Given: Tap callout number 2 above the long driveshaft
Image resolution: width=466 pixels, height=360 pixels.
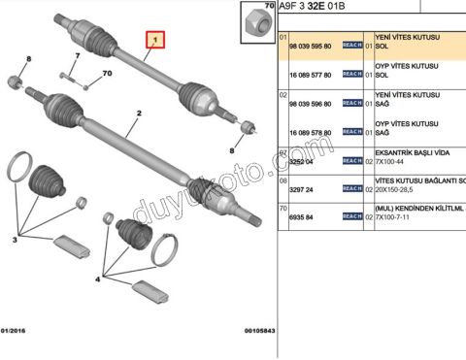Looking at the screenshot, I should pos(140,114).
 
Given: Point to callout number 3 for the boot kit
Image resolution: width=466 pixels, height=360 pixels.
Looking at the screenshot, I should pos(17,238).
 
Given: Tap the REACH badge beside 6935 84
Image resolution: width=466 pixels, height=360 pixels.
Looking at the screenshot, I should pos(352,217).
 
